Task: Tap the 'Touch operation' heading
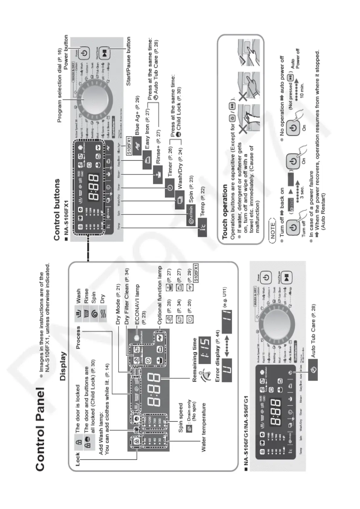(225, 212)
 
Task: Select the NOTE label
(272, 230)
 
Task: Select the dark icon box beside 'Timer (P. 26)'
(170, 188)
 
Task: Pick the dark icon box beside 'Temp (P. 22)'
(202, 231)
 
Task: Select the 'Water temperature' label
(204, 427)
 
